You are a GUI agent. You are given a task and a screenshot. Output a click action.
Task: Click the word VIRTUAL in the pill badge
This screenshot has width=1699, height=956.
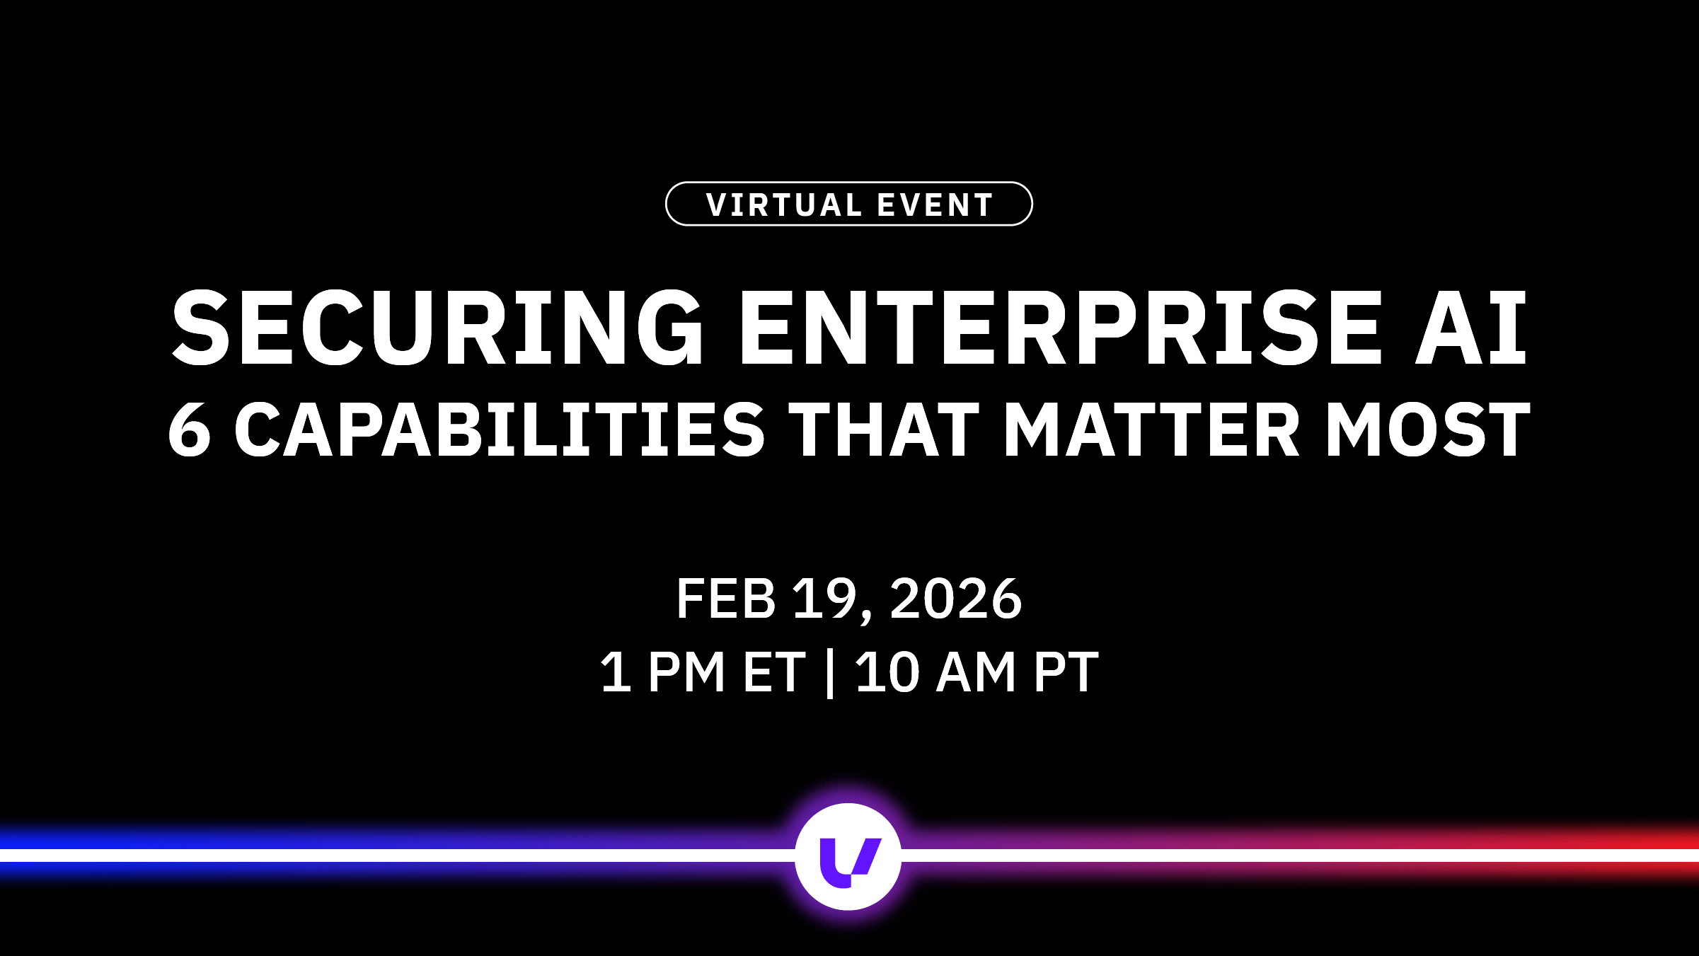click(x=784, y=205)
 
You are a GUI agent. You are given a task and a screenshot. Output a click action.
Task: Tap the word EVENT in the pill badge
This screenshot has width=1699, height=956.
click(x=935, y=205)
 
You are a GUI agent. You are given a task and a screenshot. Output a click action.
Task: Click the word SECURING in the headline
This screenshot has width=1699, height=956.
click(x=437, y=328)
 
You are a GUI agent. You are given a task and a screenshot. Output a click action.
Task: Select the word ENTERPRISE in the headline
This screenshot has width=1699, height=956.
click(x=1060, y=328)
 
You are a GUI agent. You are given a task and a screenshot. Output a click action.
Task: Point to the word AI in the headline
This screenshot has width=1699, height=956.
click(x=1470, y=328)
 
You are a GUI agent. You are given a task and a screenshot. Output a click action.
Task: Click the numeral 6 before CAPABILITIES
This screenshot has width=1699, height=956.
click(x=190, y=430)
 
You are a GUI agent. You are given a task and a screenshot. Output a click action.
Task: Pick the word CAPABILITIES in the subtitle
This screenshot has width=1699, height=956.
click(x=500, y=430)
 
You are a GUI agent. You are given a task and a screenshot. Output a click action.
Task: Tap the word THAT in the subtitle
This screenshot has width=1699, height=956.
click(x=884, y=430)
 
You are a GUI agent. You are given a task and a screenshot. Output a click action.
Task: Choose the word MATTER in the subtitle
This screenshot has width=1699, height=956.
click(x=1151, y=430)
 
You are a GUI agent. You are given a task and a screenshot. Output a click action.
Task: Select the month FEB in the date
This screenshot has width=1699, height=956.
click(x=726, y=599)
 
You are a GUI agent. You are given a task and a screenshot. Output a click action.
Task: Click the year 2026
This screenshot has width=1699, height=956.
click(x=956, y=599)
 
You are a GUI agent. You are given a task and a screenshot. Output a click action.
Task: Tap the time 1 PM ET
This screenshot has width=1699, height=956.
click(x=703, y=672)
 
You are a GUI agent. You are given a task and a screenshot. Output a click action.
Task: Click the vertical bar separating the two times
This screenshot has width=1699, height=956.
click(x=830, y=674)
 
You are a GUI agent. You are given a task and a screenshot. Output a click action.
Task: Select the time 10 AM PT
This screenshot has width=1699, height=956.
click(x=977, y=672)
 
